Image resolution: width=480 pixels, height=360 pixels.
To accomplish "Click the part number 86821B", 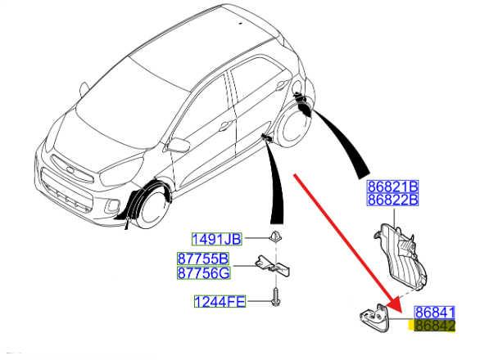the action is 392,187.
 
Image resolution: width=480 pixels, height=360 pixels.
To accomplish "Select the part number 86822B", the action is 392,200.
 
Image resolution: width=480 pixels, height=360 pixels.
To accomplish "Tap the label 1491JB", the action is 217,239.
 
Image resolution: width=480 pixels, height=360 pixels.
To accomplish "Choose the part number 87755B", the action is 203,259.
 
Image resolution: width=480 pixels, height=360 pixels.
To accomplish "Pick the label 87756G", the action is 204,272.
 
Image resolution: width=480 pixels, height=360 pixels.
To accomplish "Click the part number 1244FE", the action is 220,302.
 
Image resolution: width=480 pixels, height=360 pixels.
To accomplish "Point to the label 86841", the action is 435,313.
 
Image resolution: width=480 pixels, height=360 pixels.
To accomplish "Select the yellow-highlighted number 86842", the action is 435,326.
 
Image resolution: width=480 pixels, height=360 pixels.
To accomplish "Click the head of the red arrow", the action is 396,304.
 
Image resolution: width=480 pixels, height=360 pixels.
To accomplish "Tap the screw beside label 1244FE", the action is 275,297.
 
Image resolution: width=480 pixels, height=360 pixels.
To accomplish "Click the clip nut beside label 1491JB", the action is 275,237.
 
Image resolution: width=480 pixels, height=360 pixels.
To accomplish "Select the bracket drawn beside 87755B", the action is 273,265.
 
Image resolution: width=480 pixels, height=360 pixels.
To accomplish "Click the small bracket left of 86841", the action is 375,317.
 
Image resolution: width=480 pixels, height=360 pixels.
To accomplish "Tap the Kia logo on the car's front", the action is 70,169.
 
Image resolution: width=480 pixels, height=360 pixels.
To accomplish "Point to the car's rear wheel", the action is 293,125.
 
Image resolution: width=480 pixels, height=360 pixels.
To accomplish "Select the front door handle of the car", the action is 225,125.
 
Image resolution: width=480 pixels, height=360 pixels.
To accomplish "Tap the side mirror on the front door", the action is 179,144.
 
